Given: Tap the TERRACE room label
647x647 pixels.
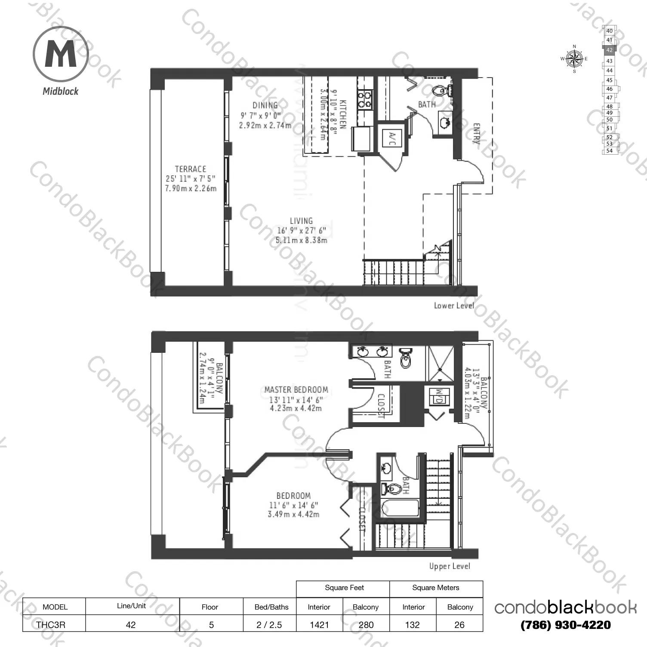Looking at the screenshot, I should coord(190,169).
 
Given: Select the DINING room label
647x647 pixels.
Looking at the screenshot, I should coord(265,105).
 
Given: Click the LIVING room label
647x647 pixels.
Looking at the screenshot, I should coord(301,221).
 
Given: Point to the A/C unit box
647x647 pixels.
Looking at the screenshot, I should coord(391,137).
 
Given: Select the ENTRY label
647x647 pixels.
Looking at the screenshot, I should coord(477,134).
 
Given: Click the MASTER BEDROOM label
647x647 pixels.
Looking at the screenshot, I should coord(296,389).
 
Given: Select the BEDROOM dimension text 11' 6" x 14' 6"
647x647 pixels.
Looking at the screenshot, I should coord(293,505).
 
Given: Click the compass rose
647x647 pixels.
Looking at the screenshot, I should coord(574,59).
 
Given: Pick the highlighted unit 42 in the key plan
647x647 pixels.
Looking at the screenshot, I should coord(609,50).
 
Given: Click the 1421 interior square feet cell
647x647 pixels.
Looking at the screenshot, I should coord(319,625).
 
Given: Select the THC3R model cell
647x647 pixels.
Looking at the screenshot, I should coord(51,625).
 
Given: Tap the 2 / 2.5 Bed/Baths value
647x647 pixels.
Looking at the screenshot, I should coord(269,625).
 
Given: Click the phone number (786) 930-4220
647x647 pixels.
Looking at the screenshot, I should coord(565,625).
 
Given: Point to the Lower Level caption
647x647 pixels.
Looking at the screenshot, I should coord(453,305).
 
